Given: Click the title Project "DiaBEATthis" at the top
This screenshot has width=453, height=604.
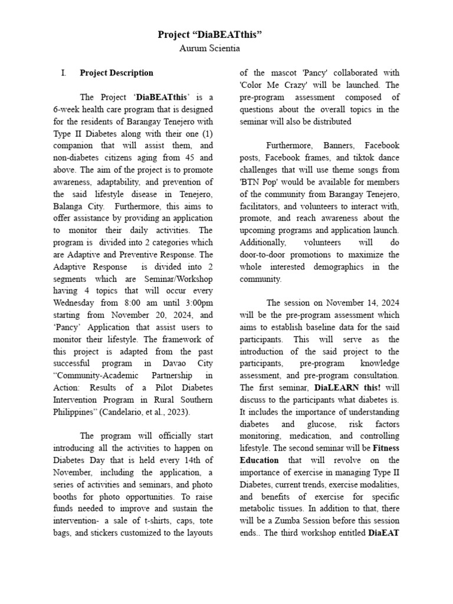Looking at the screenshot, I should coord(210,35).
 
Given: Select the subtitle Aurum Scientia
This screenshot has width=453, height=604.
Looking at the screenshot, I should coord(210,48).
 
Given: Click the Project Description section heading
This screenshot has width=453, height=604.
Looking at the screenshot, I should coord(116,73).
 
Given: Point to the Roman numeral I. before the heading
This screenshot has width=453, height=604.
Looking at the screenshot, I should coord(63,73).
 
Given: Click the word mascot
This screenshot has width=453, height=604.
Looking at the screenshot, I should coord(282,73).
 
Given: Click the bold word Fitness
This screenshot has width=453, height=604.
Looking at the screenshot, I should coord(386,448).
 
